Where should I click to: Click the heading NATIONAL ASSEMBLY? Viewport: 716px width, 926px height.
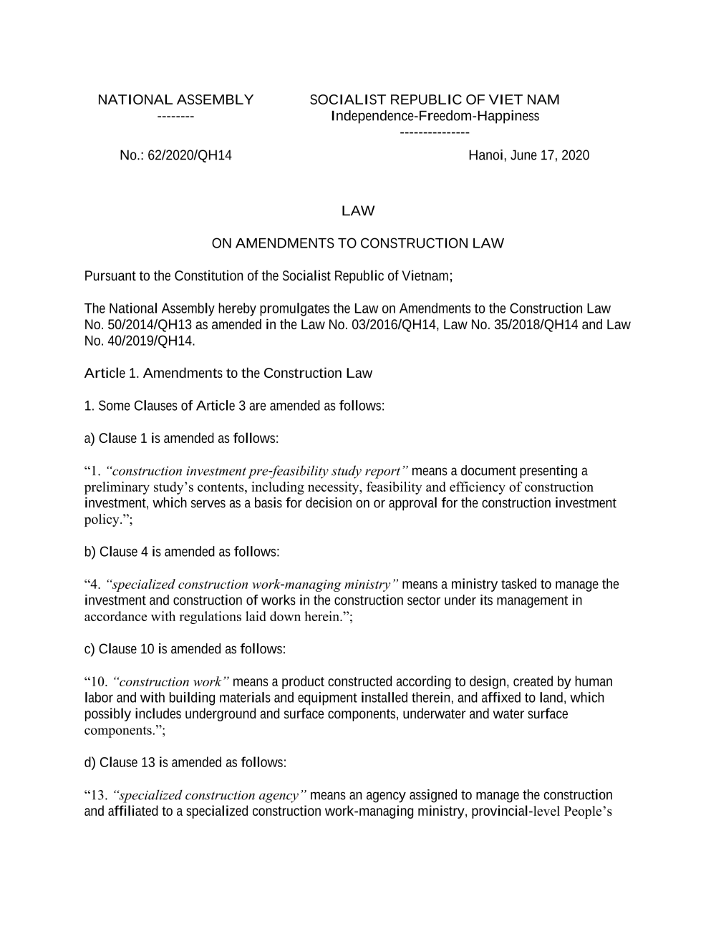coord(175,100)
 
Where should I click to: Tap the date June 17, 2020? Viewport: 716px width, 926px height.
coord(549,155)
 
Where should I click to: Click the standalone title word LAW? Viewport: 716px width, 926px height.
coord(358,211)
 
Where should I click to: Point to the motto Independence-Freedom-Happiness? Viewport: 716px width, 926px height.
coord(435,116)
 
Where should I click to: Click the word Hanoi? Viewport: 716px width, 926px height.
coord(486,155)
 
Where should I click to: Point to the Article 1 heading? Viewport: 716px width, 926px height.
coord(228,374)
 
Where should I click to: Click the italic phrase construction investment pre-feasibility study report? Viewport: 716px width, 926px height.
coord(256,471)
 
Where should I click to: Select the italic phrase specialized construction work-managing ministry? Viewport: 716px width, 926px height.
coord(252,585)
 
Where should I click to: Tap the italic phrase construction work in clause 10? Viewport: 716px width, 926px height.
coord(170,682)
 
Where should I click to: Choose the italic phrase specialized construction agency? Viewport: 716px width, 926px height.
coord(210,796)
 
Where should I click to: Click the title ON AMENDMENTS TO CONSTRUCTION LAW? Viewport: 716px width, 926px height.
coord(358,243)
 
